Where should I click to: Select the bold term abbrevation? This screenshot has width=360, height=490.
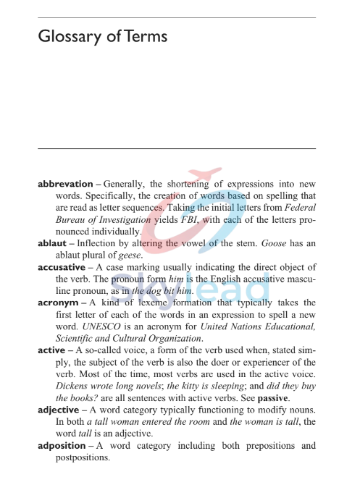click(65, 185)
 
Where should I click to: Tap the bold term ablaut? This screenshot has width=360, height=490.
click(52, 244)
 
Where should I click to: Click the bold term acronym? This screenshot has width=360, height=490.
click(58, 303)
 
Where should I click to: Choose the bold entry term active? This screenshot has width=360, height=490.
click(51, 350)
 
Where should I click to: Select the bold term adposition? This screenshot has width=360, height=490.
click(63, 445)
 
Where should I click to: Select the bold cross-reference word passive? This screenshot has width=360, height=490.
click(272, 397)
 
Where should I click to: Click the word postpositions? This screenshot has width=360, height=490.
click(82, 457)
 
